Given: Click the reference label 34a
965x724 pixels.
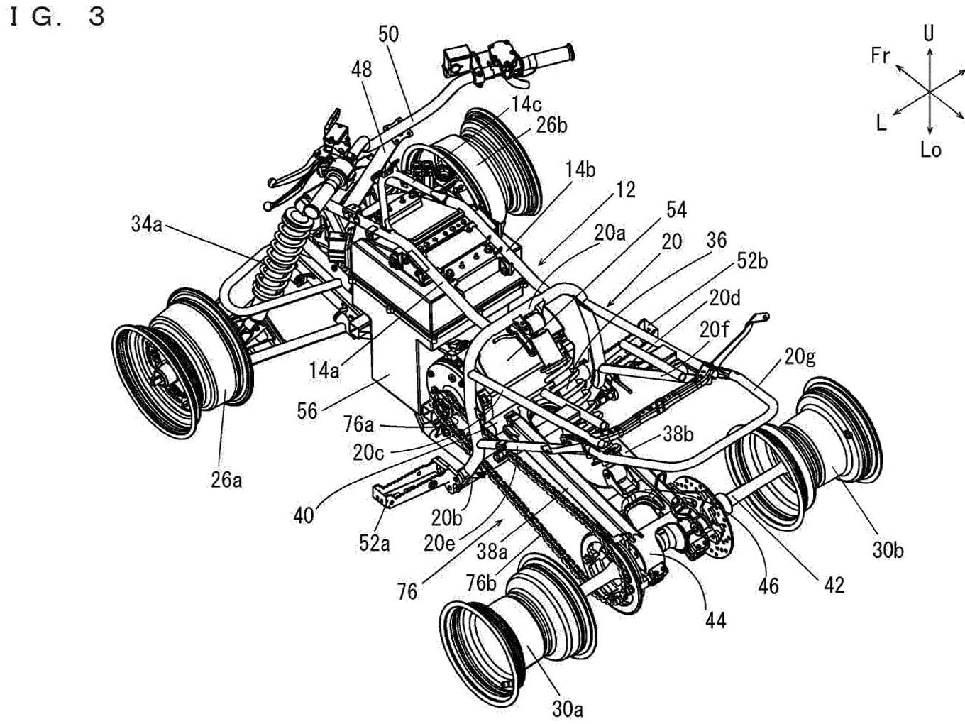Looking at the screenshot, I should tap(146, 225).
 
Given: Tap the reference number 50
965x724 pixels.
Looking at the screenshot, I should tap(388, 34).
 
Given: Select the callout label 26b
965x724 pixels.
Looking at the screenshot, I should tap(551, 125).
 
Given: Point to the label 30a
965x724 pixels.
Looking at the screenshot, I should tap(568, 708).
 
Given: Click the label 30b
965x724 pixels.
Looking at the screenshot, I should tap(888, 550).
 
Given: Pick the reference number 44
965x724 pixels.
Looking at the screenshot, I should tap(715, 620).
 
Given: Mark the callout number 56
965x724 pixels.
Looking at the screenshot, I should tap(307, 411).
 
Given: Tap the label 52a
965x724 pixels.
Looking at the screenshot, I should tap(374, 544).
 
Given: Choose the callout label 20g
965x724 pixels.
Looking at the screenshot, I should tap(800, 356).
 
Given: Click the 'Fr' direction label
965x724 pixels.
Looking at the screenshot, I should tap(880, 55).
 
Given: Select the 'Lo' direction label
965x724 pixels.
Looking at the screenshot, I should tap(930, 150).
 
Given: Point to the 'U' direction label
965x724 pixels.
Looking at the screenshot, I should tap(929, 33).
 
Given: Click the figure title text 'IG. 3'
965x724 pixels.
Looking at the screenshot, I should tap(57, 17).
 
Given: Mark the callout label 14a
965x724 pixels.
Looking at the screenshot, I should tap(324, 370).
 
